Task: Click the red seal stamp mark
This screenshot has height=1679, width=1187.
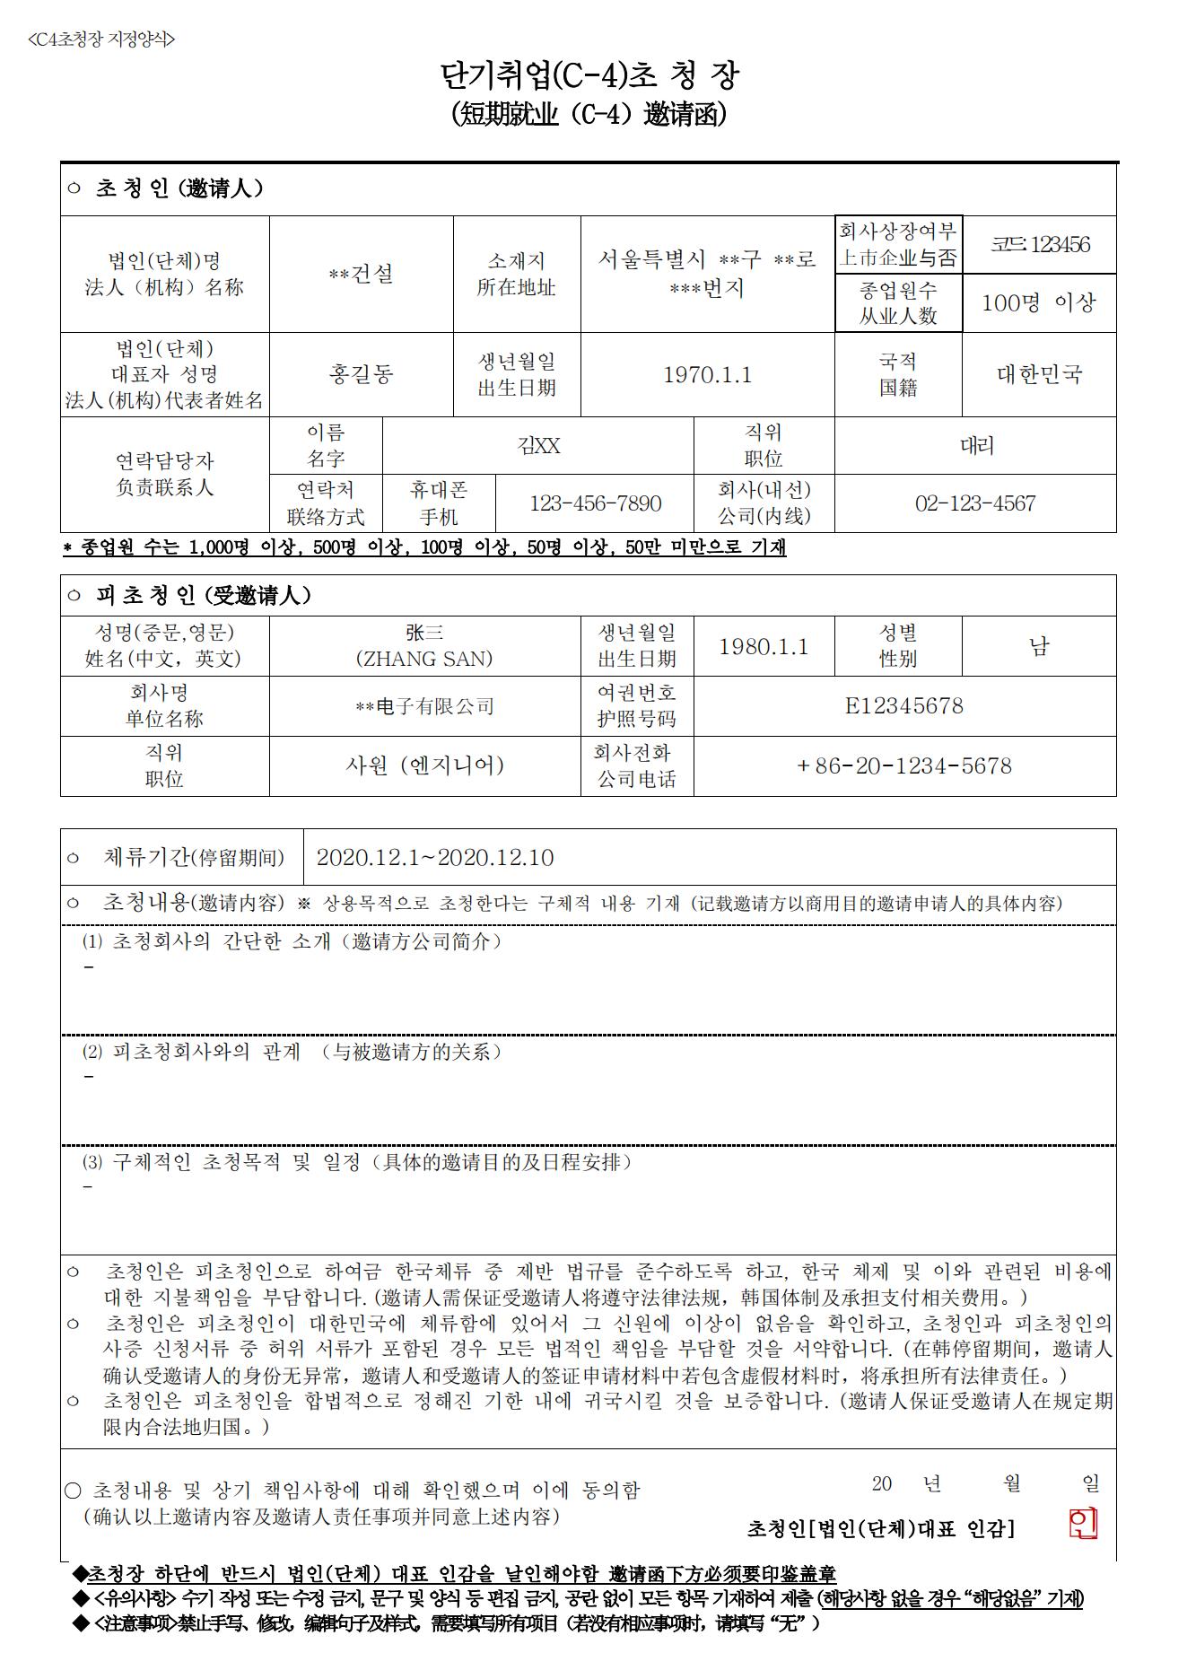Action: tap(1083, 1523)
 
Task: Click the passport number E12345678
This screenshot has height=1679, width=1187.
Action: tap(903, 706)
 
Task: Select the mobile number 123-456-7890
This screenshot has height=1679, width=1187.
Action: tap(595, 503)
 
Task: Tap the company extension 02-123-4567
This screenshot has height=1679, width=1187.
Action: tap(975, 503)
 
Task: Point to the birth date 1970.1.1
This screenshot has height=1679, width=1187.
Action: tap(707, 374)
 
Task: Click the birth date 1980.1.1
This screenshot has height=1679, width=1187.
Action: tap(764, 646)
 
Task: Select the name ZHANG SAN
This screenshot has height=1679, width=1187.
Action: tap(424, 659)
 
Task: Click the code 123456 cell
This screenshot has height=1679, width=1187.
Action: tap(1040, 244)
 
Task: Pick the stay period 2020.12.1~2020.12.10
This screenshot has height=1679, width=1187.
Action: tap(435, 858)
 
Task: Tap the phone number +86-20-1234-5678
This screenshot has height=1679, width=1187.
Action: tap(903, 765)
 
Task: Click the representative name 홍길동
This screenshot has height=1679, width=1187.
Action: tap(361, 374)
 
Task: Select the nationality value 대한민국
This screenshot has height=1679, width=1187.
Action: tap(1039, 374)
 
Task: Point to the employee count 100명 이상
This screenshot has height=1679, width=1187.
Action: tap(1039, 302)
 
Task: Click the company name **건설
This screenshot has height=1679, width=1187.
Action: tap(361, 274)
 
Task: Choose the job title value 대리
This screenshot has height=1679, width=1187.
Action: tap(976, 446)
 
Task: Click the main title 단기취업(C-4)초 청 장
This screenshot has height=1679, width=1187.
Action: tap(589, 76)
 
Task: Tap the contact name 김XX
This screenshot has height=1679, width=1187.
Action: tap(538, 446)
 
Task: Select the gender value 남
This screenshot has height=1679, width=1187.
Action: tap(1039, 646)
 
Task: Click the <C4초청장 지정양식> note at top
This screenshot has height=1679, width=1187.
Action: tap(101, 39)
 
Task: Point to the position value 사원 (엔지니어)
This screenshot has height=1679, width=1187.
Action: tap(424, 765)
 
